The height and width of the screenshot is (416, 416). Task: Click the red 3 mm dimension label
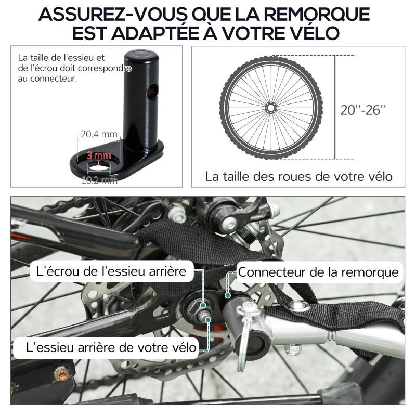pos(99,155)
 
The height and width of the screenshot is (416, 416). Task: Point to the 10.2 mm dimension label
pos(99,180)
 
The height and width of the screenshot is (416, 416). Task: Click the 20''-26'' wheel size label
pos(363,110)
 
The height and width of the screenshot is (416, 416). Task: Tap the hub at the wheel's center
pos(270,107)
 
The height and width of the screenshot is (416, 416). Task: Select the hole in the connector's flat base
pos(99,166)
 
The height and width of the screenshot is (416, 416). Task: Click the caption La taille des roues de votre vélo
pos(298,176)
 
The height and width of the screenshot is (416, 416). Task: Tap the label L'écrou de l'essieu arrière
pos(111,271)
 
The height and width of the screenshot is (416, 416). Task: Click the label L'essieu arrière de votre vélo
pos(106,347)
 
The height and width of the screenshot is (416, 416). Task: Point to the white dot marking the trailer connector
pos(227,294)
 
